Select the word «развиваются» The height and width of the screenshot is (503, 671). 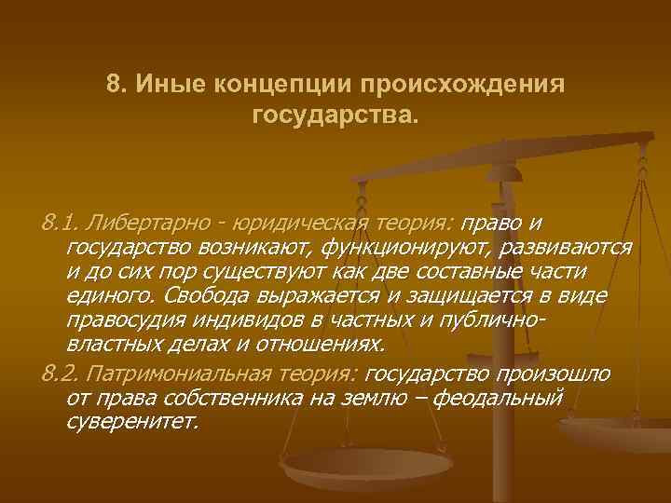566,249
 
